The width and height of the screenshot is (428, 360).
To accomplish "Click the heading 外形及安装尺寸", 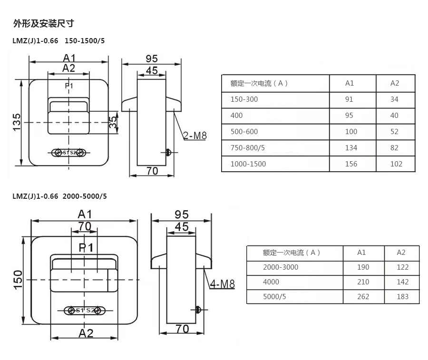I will [43, 23].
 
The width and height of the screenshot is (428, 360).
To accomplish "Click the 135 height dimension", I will [17, 123].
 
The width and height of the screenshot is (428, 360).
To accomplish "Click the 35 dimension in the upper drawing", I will [112, 123].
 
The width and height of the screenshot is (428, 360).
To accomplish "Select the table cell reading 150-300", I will [244, 99].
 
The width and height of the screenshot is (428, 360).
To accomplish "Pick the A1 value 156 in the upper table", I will [351, 164].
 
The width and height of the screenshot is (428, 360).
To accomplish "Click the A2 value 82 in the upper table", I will [394, 147].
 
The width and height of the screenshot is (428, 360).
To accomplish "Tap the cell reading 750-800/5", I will [247, 147].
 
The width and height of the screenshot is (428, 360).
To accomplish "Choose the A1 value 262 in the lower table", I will [363, 297].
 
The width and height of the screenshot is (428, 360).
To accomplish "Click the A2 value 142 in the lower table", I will [402, 282].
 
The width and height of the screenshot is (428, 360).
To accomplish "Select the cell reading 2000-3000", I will [281, 267].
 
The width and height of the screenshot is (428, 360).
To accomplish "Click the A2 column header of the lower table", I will [401, 253].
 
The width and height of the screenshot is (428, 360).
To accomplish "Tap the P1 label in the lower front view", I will [86, 247].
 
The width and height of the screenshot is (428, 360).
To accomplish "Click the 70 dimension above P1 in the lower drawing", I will [85, 226].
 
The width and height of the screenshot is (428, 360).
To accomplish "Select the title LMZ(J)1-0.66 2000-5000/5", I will [59, 196].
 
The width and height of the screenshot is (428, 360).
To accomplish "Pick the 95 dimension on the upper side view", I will [151, 58].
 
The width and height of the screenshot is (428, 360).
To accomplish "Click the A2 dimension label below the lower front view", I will [86, 332].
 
